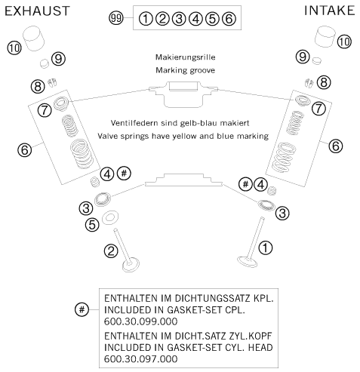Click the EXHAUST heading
point(37,11)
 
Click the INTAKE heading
point(330,11)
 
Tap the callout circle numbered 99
point(116,18)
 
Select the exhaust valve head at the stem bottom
point(131,264)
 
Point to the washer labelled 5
point(109,217)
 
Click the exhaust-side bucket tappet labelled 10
point(34,38)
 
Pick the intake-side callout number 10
point(344,42)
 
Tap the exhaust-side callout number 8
point(38,87)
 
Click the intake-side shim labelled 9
point(317,60)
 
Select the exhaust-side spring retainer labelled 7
point(61,103)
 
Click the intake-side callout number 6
point(336,146)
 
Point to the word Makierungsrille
point(185,57)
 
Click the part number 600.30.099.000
point(140,321)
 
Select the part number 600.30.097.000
point(140,358)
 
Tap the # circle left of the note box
point(82,309)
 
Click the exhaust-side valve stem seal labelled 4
point(95,182)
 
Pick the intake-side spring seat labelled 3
point(266,204)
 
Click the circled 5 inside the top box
point(212,19)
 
